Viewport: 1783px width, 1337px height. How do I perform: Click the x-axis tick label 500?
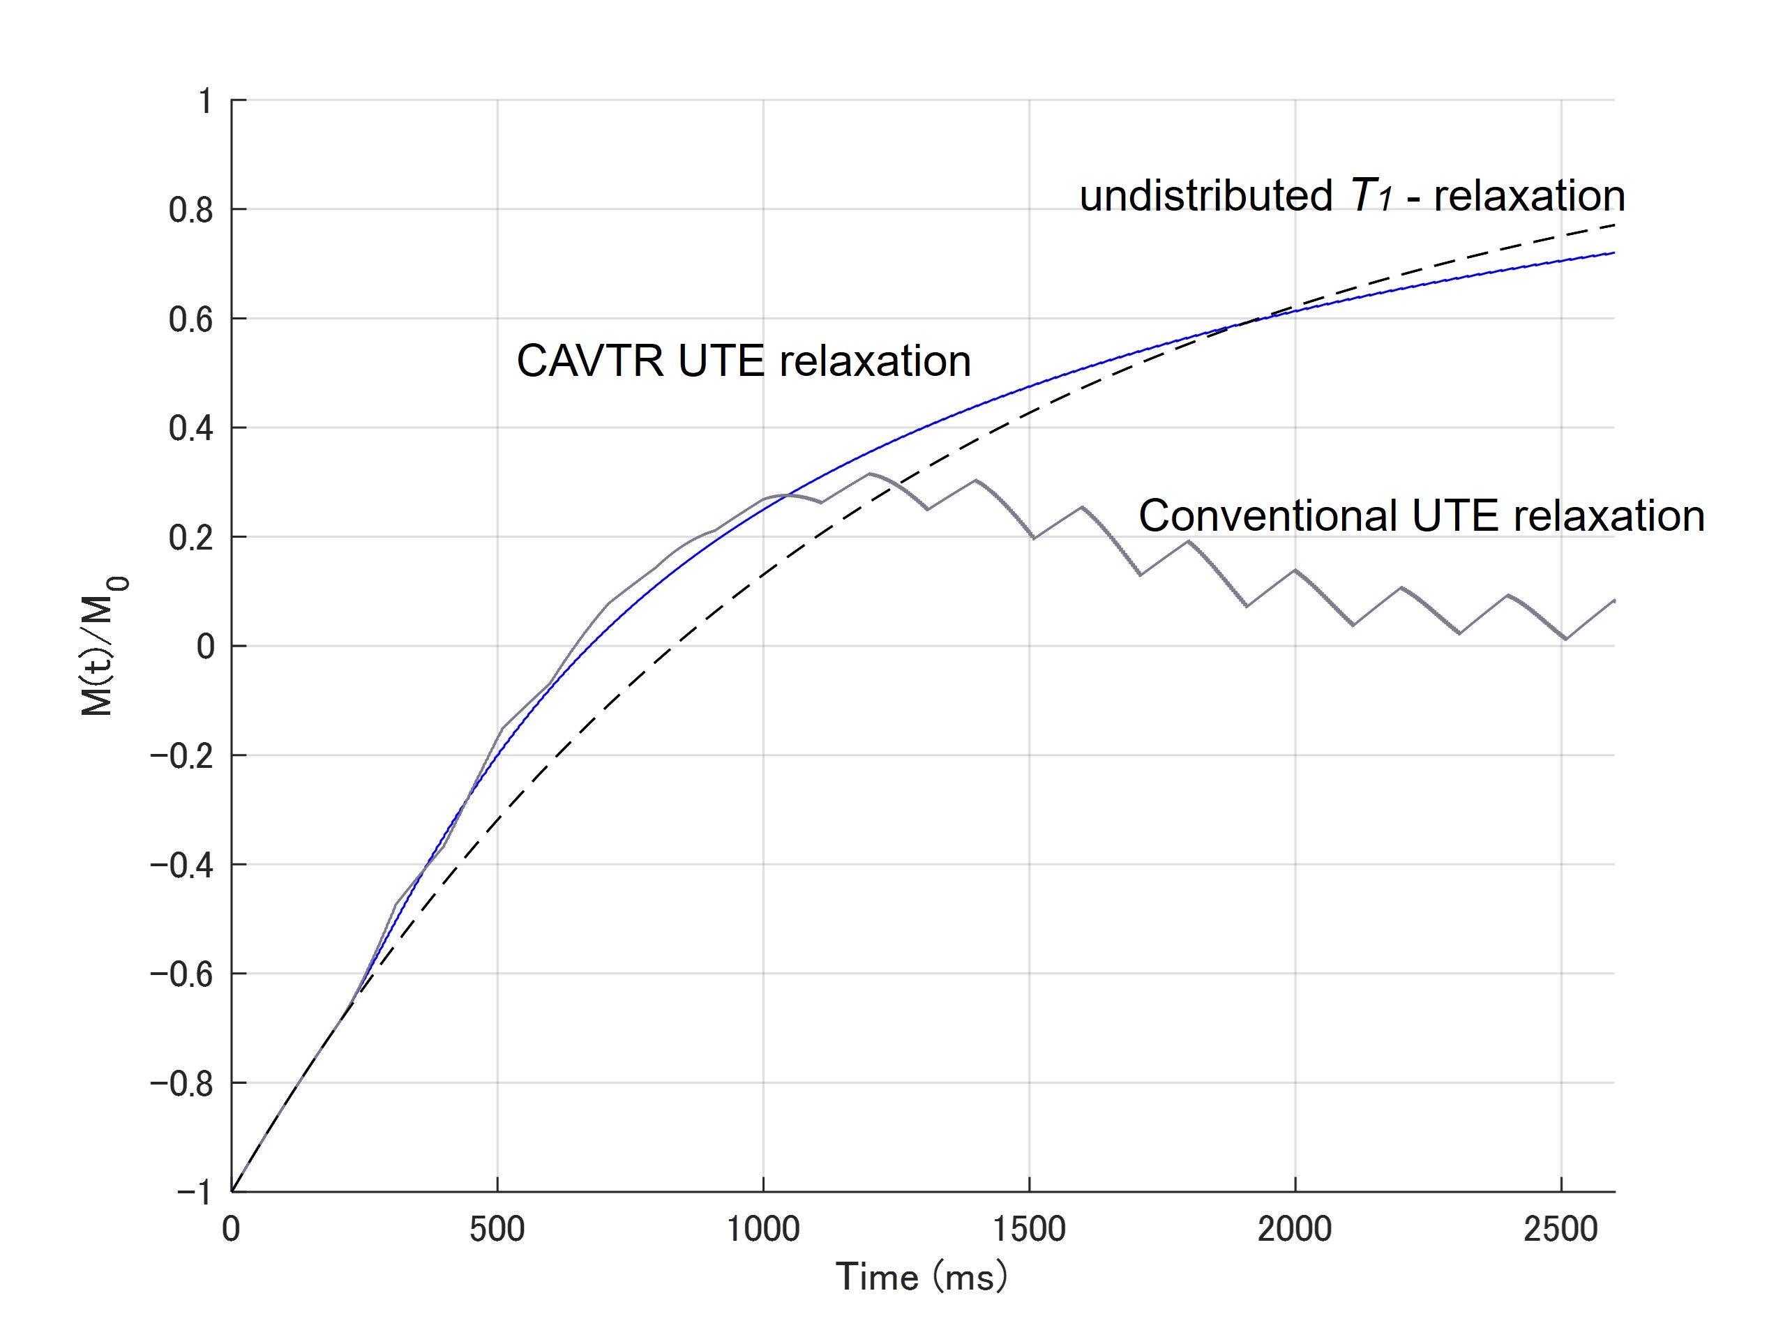click(x=497, y=1229)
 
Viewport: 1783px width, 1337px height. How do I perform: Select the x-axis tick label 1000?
click(x=763, y=1229)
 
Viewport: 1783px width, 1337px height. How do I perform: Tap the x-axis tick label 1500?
click(x=1030, y=1229)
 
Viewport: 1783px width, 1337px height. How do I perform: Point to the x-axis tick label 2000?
click(x=1295, y=1229)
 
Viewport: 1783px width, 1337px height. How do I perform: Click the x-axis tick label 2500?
click(x=1560, y=1229)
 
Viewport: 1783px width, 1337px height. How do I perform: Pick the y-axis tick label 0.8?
click(x=191, y=211)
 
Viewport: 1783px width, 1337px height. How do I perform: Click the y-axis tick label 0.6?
click(x=191, y=319)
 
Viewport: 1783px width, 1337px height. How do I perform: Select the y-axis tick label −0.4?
click(x=182, y=865)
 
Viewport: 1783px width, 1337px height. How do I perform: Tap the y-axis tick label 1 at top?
click(x=206, y=102)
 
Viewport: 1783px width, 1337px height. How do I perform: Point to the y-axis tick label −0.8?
click(x=182, y=1083)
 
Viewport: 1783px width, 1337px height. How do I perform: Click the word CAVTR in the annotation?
click(x=590, y=361)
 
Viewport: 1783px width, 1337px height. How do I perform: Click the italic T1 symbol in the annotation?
click(x=1372, y=196)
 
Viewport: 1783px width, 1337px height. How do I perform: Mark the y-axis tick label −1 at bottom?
click(x=195, y=1192)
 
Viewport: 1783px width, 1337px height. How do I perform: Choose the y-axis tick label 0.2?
click(x=191, y=538)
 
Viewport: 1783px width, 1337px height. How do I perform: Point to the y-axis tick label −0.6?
click(x=182, y=974)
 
